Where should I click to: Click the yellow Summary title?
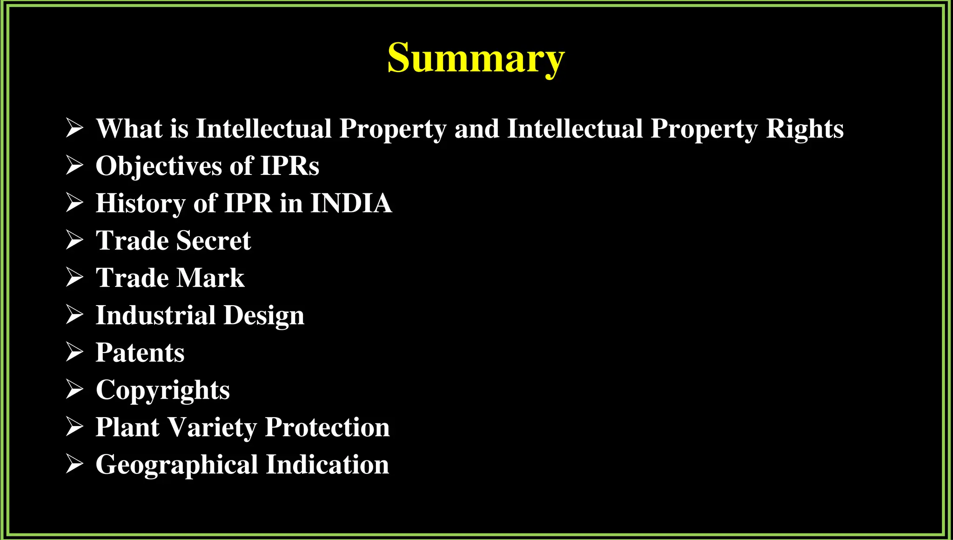476,58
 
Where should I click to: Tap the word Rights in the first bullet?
805,128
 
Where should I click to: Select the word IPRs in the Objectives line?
289,166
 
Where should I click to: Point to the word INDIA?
351,203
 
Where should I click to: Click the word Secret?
214,240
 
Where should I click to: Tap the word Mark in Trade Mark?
210,278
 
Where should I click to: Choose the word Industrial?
155,315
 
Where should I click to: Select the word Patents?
140,353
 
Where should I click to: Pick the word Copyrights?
162,390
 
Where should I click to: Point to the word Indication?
328,465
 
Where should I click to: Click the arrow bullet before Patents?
74,352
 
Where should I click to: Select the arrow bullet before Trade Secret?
74,240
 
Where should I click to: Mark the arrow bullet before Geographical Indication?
74,464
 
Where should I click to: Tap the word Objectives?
158,166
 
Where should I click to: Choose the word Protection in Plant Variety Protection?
327,427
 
